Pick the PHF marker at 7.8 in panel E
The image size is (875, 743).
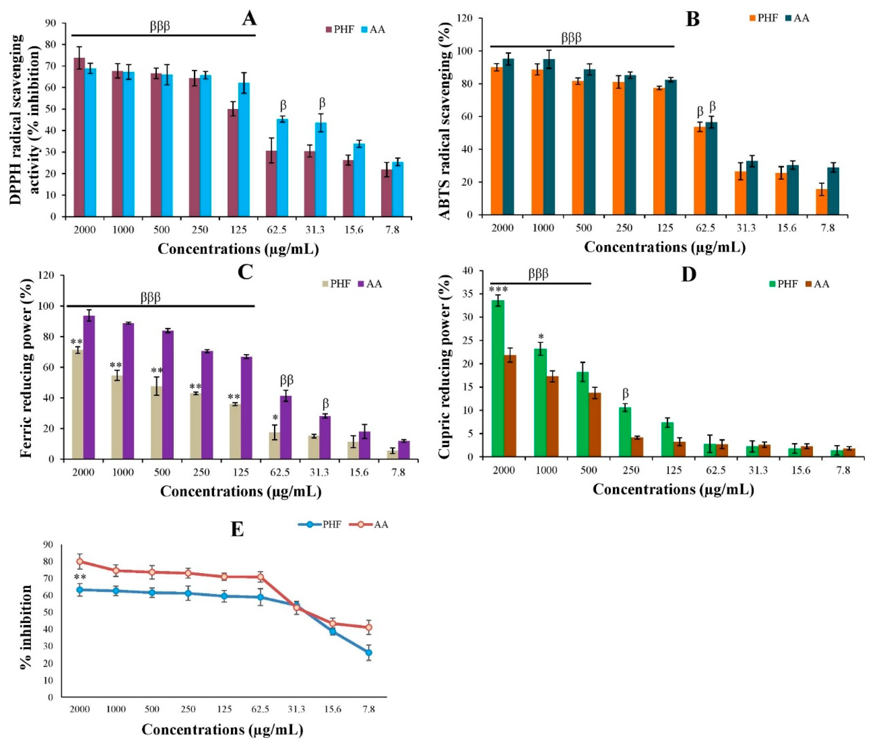[x=368, y=652]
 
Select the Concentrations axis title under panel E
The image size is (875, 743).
[x=222, y=729]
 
